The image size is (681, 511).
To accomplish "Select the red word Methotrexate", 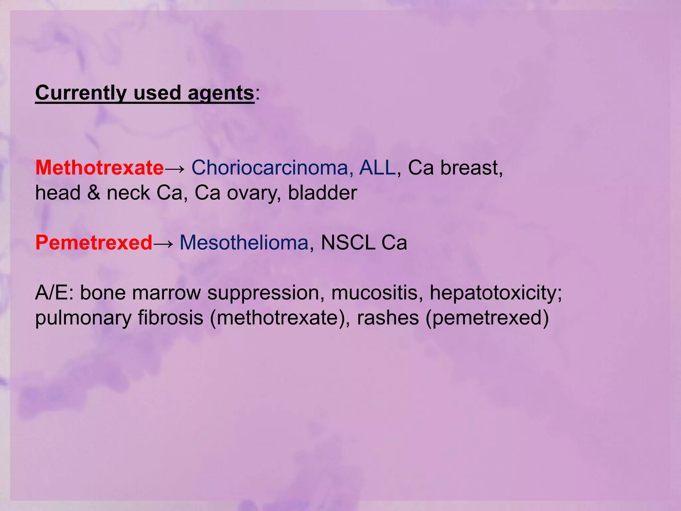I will [x=99, y=167].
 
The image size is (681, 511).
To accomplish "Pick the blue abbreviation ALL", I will [x=377, y=167].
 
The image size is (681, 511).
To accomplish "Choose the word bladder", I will [x=322, y=193].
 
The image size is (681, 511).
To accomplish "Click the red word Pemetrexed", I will [x=94, y=243].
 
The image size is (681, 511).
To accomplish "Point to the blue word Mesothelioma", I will [x=244, y=243].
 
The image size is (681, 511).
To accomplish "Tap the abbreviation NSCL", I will [x=347, y=243].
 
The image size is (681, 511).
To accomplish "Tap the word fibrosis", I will [x=171, y=318].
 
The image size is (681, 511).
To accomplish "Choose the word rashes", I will [x=388, y=318].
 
